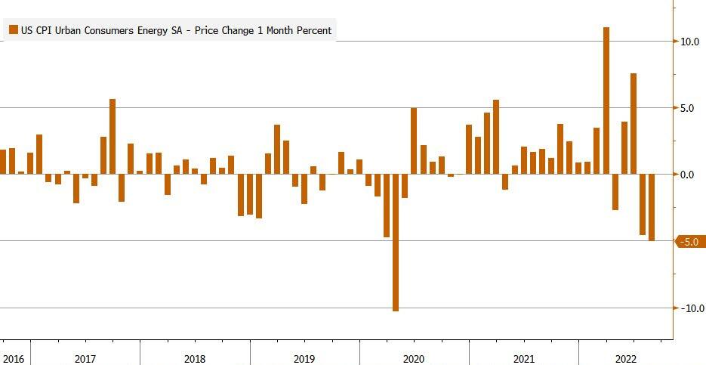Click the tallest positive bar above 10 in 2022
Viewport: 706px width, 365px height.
pos(606,101)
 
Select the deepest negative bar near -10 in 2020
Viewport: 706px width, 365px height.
pos(396,242)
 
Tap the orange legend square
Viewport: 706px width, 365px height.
pos(13,30)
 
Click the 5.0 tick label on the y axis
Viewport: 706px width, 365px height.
pos(687,108)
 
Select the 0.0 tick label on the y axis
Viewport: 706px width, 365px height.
pos(687,175)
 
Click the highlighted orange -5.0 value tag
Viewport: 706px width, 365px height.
pos(690,242)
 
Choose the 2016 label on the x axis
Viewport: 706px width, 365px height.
pos(13,358)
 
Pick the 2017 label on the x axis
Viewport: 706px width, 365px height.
pos(85,358)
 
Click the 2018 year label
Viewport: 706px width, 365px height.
pos(195,358)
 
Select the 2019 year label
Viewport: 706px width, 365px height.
pos(304,358)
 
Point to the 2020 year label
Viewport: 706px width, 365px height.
pos(414,358)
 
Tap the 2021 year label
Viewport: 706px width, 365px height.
pos(523,358)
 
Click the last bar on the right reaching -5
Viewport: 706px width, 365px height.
pos(652,207)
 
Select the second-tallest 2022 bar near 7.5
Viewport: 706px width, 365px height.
pos(634,124)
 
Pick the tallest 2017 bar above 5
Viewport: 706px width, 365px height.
pos(113,137)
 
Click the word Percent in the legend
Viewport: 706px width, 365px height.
pos(312,30)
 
